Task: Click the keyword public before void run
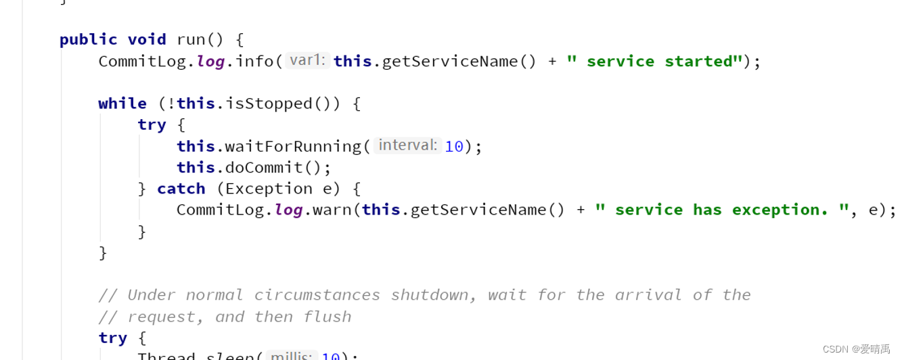88,40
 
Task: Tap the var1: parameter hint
307,61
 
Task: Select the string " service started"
654,62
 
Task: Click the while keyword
122,104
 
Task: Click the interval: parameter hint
407,145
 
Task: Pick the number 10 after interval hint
454,146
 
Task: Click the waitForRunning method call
293,146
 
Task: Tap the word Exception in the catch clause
269,189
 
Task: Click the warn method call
332,210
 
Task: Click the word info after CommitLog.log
255,62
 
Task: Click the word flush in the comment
328,317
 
